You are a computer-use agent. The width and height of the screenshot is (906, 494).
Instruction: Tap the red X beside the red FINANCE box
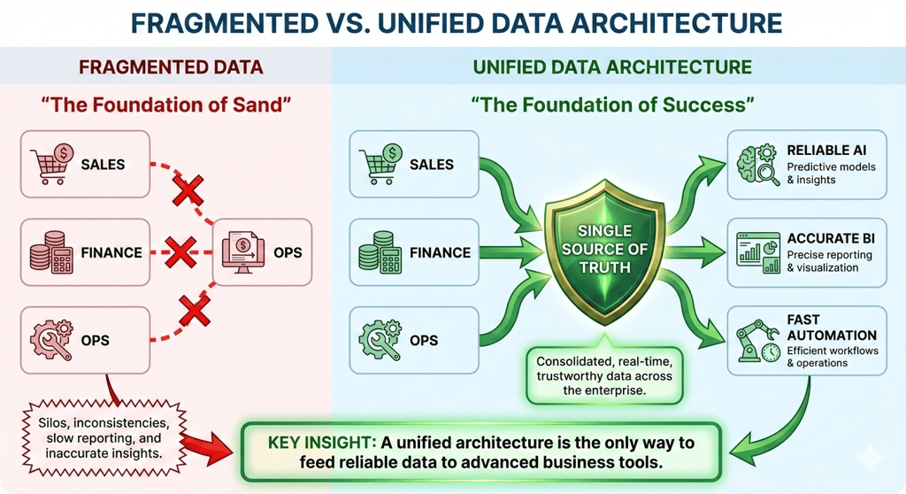click(180, 252)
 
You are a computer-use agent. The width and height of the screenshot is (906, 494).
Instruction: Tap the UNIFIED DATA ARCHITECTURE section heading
click(612, 66)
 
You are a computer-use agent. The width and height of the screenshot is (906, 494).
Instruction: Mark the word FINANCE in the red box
click(111, 252)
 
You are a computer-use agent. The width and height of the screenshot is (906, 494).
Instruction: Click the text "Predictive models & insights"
click(830, 173)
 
